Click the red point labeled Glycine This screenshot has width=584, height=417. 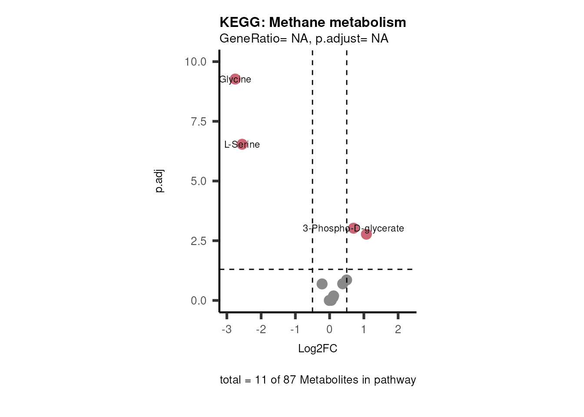[235, 79]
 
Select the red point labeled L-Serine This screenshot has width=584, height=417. [242, 144]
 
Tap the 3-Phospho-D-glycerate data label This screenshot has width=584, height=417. [353, 228]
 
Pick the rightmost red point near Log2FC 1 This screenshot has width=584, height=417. [366, 234]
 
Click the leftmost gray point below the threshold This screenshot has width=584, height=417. [322, 284]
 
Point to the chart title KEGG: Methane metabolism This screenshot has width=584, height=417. [312, 22]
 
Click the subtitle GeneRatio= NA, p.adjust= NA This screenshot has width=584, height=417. [304, 39]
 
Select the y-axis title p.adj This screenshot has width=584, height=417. [159, 181]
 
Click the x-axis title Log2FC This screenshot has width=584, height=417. [318, 348]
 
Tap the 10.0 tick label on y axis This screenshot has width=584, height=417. [196, 62]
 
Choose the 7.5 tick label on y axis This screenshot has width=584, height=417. [199, 122]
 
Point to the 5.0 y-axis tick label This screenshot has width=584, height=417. [199, 181]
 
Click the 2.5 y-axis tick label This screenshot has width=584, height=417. [199, 241]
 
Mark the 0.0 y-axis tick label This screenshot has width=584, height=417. [199, 301]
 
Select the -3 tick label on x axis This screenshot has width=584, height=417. [226, 329]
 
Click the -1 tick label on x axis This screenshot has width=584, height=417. [295, 329]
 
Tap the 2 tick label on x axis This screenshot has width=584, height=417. [398, 329]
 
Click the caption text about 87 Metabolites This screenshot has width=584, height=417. [318, 380]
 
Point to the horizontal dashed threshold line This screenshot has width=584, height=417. [269, 269]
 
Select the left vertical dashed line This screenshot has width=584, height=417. [312, 174]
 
